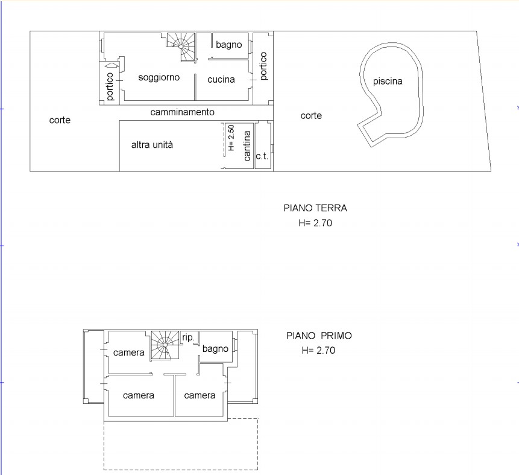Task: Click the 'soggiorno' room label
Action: (x=159, y=78)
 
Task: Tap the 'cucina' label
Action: (x=221, y=80)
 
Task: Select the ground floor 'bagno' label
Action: (x=228, y=45)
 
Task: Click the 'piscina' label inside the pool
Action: (x=388, y=81)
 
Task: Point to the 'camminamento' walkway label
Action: (x=183, y=112)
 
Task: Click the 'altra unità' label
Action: (x=152, y=145)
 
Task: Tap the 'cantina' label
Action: (x=247, y=146)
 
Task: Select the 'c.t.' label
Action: (x=262, y=156)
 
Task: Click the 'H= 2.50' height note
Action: (x=231, y=138)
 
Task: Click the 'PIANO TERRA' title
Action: (x=315, y=208)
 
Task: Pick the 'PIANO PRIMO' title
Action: (x=319, y=336)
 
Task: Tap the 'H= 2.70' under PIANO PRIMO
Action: (x=318, y=351)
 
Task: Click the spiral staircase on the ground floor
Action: (x=181, y=46)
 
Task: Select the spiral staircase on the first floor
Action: (x=165, y=345)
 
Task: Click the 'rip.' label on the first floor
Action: (x=188, y=338)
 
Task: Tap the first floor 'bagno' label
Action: (x=215, y=349)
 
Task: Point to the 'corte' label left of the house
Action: (x=60, y=120)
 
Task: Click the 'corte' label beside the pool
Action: (x=311, y=116)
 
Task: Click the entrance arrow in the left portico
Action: (x=112, y=65)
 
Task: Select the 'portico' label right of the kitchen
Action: (x=263, y=66)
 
